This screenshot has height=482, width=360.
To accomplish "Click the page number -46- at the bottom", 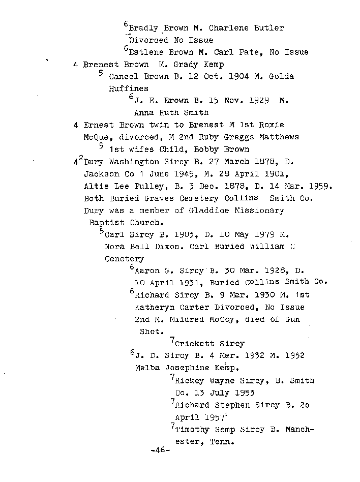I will tap(160, 450).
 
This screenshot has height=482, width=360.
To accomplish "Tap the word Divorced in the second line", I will tap(148, 40).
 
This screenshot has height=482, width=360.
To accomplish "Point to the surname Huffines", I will tap(129, 88).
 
